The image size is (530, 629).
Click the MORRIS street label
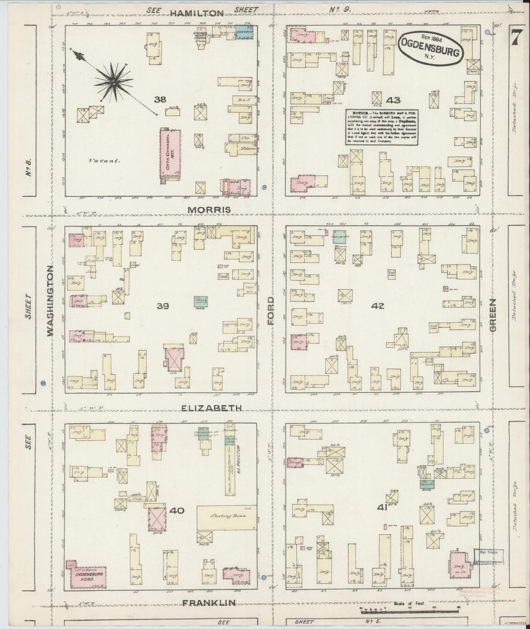tap(209, 210)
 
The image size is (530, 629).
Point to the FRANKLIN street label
tap(209, 603)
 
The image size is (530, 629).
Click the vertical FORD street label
tap(271, 311)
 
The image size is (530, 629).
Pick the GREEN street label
tap(492, 315)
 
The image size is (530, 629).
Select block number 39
tap(162, 306)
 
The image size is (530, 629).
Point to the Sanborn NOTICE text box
tap(382, 127)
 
